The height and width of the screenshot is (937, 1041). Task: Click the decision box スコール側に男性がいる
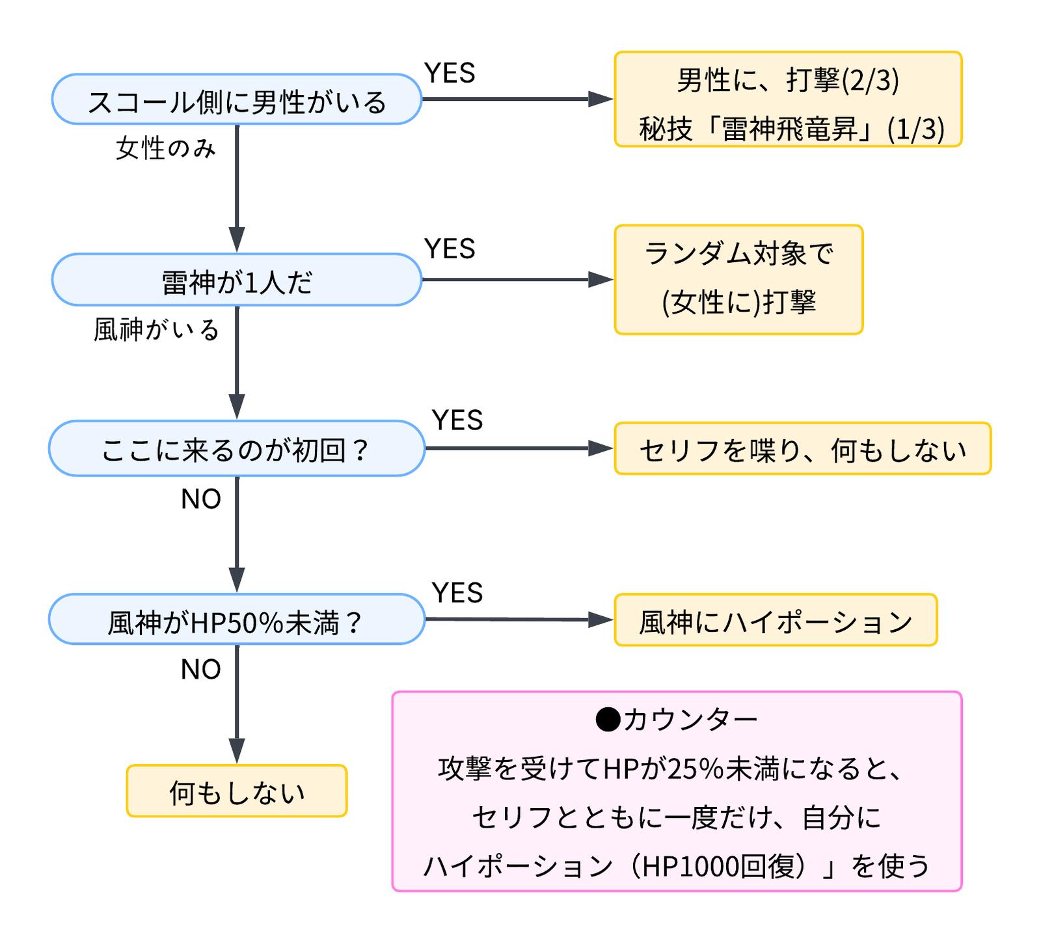point(237,100)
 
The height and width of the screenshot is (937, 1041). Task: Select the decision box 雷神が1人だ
point(237,280)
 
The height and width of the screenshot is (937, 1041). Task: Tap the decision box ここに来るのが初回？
point(237,449)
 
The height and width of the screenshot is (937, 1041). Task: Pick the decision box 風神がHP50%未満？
point(237,619)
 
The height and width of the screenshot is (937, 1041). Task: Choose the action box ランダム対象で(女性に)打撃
point(738,280)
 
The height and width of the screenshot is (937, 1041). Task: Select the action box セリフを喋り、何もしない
point(802,449)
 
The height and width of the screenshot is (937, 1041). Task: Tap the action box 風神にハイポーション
point(776,620)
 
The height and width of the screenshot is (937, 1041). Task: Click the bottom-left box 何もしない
point(237,791)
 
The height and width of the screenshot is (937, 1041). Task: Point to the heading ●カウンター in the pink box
point(677,720)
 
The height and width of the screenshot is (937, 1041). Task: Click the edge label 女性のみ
point(165,148)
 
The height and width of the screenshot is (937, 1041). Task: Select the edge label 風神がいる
point(156,330)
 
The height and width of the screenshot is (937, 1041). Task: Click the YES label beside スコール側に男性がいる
point(450,73)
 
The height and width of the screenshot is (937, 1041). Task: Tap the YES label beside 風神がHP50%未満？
point(457,593)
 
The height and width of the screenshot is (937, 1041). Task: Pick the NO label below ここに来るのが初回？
point(201,499)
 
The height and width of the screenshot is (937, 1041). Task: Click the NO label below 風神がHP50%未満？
point(201,670)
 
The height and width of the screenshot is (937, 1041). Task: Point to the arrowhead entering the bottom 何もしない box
point(237,752)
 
